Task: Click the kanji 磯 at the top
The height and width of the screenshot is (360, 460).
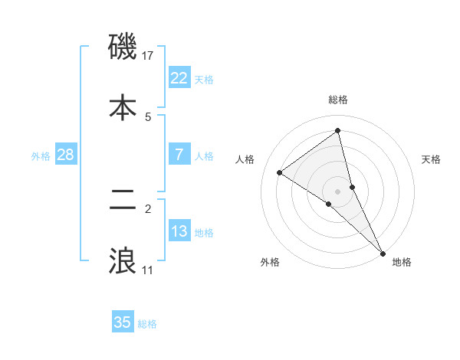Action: coord(123,47)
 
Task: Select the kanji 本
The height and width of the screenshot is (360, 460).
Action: coord(123,106)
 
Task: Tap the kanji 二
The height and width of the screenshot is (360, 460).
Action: coord(123,201)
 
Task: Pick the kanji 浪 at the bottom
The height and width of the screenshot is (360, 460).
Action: coord(123,260)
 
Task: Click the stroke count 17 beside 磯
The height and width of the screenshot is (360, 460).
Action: coord(149,56)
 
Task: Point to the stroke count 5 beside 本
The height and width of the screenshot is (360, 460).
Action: coord(148,116)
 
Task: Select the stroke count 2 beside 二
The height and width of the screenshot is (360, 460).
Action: coord(148,208)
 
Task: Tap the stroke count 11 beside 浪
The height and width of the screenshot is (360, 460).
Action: coord(148,270)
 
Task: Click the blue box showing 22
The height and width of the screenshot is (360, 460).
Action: coord(179,77)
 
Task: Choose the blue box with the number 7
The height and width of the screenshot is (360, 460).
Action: coord(179,154)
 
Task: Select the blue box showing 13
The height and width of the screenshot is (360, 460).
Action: coord(179,231)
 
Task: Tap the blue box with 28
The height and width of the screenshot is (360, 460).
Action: coord(66,154)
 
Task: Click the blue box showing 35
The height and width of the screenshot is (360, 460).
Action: coord(123,322)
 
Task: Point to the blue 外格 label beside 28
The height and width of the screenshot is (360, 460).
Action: coord(41,155)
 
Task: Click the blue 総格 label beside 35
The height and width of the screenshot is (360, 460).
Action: coord(147,324)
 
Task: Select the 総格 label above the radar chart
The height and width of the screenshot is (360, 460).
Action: coord(338,100)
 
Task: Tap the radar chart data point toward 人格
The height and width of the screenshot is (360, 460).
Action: coord(280,172)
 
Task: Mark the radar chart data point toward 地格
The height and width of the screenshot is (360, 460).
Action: coord(383,253)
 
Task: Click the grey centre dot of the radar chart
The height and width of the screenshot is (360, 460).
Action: coord(338,190)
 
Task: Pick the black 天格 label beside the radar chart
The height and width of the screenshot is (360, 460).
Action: coord(431,159)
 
